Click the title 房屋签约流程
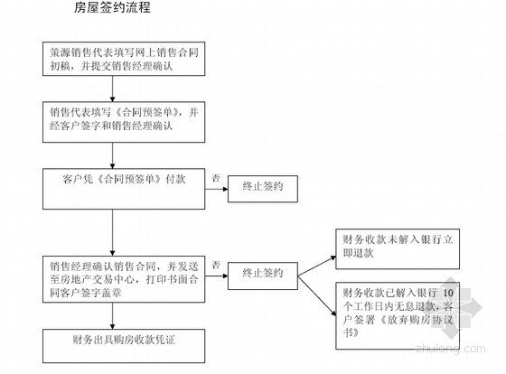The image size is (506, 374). tap(112, 7)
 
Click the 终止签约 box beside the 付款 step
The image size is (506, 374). tap(263, 189)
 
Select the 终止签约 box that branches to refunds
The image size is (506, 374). tap(263, 276)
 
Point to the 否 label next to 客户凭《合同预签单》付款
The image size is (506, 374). tap(216, 178)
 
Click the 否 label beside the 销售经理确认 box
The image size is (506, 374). tap(216, 265)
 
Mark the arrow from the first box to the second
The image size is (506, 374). tap(113, 89)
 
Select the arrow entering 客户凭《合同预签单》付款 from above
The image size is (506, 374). tap(113, 155)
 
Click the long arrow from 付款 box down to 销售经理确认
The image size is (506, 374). tap(113, 233)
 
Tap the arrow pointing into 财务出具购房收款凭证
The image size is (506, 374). tap(113, 316)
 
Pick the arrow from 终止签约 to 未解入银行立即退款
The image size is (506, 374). tap(317, 266)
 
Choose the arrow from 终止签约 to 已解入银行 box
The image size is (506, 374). tap(317, 296)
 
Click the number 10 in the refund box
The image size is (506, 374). tap(448, 293)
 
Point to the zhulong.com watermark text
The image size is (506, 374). tap(451, 349)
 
